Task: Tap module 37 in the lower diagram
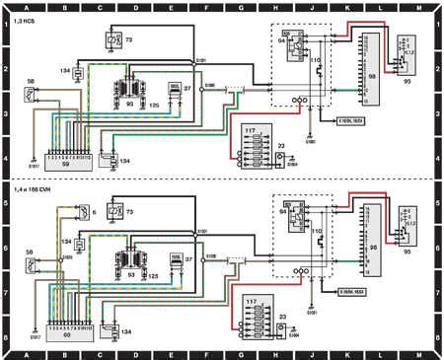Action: [179, 260]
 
